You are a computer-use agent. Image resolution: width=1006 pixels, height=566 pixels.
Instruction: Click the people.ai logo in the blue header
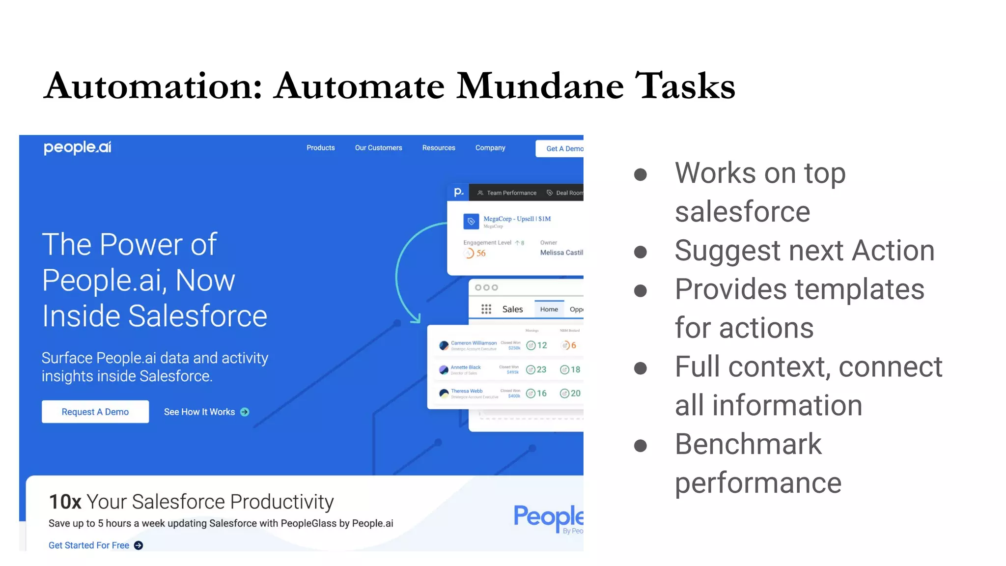pos(78,147)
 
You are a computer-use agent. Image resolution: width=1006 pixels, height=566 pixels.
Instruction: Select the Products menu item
pos(320,148)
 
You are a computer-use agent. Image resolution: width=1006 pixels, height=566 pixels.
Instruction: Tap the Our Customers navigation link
pos(378,148)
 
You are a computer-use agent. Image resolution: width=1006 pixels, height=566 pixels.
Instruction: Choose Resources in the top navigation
pos(439,148)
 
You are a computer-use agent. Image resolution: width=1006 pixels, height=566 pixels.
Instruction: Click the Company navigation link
pos(490,148)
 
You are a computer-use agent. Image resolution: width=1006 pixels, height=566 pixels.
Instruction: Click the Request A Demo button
pos(95,412)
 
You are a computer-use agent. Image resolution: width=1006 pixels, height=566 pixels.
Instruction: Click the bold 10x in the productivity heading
pos(65,502)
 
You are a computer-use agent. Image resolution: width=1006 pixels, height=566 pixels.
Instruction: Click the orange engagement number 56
pos(480,254)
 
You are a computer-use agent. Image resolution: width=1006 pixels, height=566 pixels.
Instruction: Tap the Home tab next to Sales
pos(549,310)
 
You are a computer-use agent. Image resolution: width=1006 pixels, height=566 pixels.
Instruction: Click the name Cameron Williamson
pos(474,343)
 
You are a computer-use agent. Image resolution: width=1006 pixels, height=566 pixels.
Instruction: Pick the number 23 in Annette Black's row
pos(541,369)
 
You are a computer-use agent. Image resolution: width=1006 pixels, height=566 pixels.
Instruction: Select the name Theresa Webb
pos(467,391)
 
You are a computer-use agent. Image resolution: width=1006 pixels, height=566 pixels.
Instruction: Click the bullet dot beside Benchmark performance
pos(640,446)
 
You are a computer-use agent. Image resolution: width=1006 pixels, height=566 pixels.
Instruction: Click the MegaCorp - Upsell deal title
pos(517,219)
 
